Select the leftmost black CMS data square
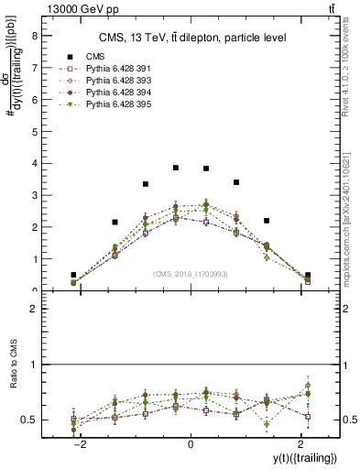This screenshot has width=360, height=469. pos(73,275)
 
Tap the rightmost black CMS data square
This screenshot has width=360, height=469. pos(308,275)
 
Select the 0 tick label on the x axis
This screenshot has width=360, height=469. pos(190,444)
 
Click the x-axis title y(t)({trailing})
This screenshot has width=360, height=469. pos(299,457)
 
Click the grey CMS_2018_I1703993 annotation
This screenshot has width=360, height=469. pos(191,274)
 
